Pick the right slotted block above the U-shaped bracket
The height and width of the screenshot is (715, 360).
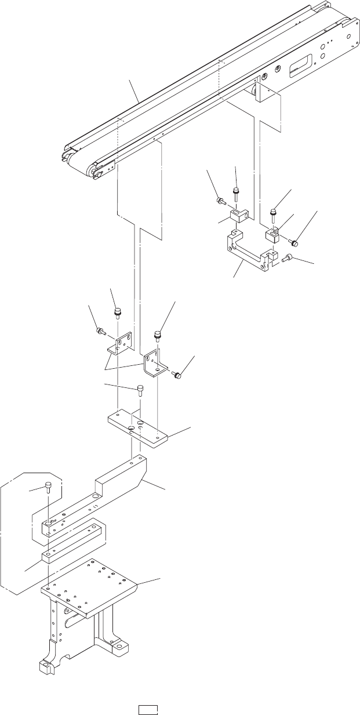[x=272, y=235]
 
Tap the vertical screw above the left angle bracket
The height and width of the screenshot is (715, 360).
[x=117, y=312]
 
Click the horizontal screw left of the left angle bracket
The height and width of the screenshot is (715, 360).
[x=100, y=331]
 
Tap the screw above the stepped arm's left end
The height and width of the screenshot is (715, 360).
[x=48, y=486]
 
